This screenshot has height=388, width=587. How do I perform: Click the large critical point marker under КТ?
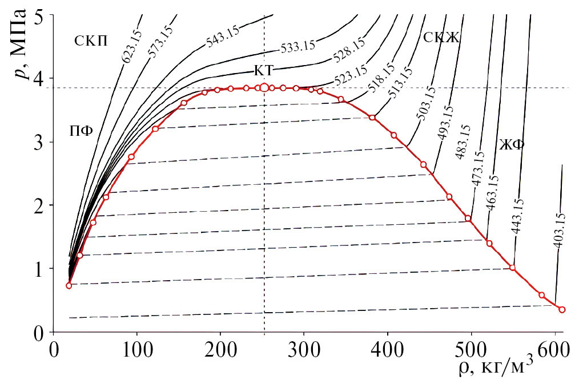coord(264,87)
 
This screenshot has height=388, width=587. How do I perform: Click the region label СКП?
coord(91,41)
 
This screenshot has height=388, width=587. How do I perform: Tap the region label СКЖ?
coord(441,37)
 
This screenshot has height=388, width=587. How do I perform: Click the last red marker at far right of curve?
coord(562,310)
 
